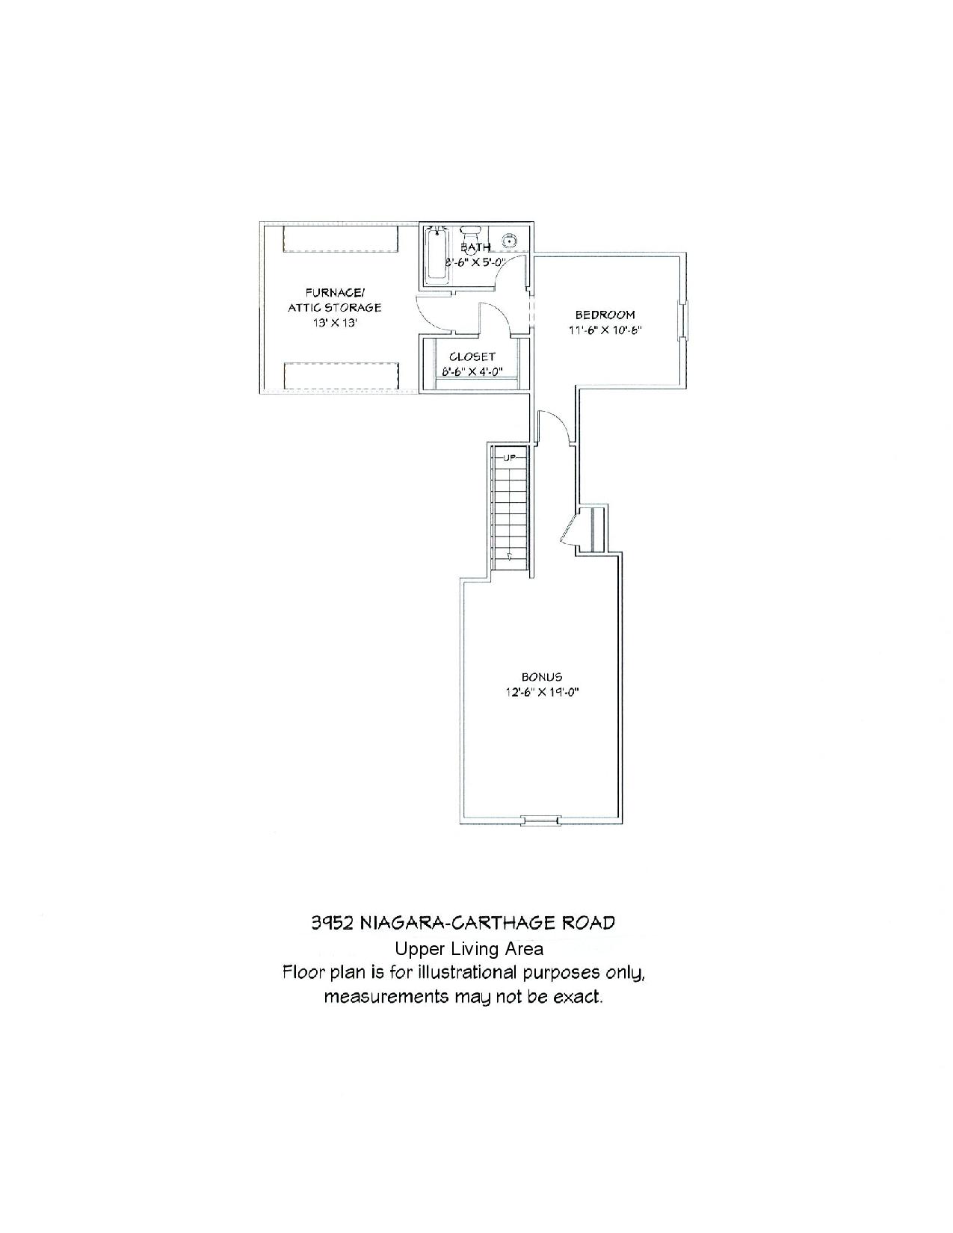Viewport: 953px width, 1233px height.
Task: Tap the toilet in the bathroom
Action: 471,233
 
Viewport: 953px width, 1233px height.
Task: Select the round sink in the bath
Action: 511,241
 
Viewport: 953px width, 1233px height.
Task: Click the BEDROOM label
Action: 605,315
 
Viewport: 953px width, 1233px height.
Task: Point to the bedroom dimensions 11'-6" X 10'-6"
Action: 605,330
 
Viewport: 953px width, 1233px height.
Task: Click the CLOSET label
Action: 472,356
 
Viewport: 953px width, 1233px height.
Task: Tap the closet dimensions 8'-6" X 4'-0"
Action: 472,371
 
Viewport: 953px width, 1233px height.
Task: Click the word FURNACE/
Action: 335,293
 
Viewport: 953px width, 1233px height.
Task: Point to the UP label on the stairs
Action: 508,457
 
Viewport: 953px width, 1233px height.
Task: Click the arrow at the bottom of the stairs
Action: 510,555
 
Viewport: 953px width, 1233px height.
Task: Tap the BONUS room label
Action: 541,677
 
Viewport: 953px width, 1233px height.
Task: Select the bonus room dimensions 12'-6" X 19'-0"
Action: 542,692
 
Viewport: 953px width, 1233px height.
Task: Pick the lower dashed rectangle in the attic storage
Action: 341,376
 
